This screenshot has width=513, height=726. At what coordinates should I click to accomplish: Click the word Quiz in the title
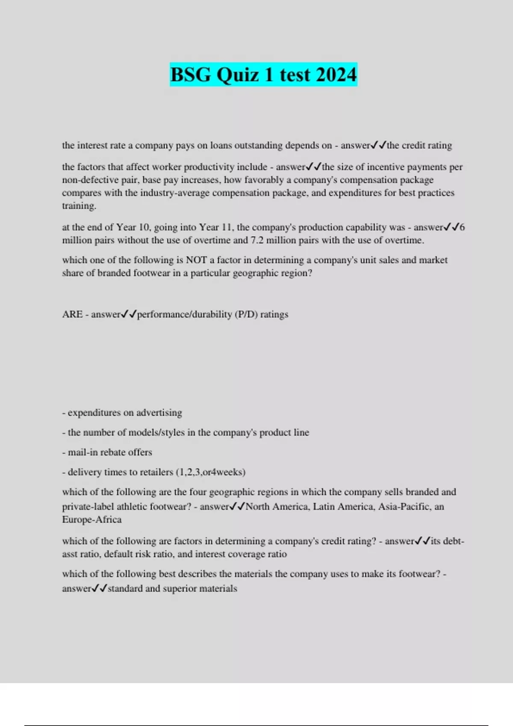point(238,75)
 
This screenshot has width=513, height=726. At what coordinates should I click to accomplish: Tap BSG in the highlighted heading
point(190,75)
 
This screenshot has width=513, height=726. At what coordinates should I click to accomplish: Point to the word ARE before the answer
point(72,314)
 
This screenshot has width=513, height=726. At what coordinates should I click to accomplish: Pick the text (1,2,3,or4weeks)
point(211,472)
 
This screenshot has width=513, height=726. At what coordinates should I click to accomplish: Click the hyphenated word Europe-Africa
point(92,520)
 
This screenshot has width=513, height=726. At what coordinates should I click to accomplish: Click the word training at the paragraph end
point(79,206)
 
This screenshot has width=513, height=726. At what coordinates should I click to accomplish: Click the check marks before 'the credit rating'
point(378,145)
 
